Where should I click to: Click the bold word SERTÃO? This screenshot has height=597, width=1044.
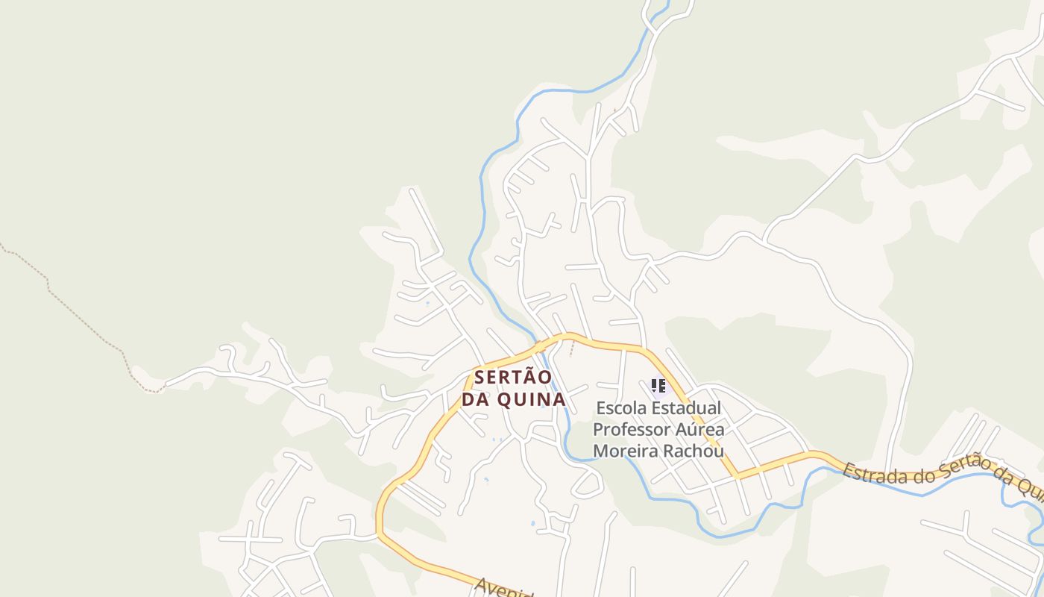point(513,378)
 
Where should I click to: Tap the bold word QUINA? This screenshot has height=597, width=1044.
point(531,400)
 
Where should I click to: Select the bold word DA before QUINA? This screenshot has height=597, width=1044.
point(476,400)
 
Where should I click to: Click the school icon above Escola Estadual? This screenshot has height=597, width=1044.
point(658,386)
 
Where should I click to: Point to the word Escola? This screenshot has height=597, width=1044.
point(621,409)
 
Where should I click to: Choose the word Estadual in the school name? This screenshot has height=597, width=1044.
point(687,409)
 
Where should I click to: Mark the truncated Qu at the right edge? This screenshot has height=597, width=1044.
point(1032,490)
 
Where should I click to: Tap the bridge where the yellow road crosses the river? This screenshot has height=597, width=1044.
point(538,347)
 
